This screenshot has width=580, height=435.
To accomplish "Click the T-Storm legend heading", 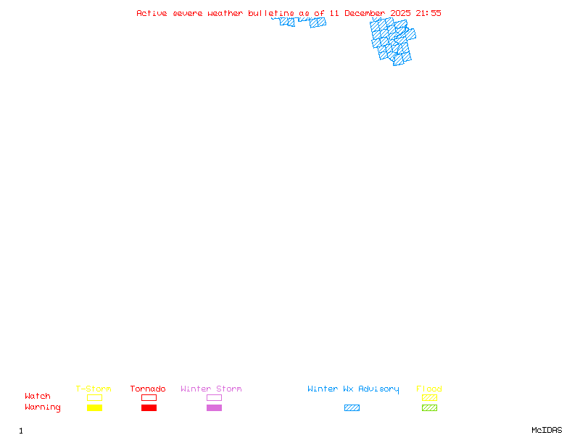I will (x=94, y=389).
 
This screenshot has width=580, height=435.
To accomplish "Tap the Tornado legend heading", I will (x=148, y=389).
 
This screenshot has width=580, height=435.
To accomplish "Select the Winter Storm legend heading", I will (x=211, y=389).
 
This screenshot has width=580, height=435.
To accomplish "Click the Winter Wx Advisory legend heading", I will (x=353, y=389).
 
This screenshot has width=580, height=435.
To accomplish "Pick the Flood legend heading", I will (x=429, y=389).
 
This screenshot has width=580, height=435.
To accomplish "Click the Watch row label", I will (x=38, y=397).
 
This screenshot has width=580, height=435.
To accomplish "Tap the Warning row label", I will (x=43, y=407).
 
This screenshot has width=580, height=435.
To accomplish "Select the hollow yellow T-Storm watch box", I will (x=94, y=397).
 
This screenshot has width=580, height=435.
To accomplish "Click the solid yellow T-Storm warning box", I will (x=94, y=407).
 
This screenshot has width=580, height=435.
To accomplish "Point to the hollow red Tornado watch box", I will (x=149, y=397).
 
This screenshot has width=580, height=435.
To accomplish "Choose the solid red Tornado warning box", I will (x=149, y=407).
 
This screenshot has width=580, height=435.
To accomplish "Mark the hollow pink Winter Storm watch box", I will (x=214, y=397).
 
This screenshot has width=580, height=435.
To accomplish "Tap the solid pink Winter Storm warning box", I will (x=214, y=407).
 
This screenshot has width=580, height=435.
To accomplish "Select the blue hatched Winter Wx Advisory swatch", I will (x=352, y=407).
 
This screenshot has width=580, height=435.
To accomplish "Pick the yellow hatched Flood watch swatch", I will (x=429, y=397).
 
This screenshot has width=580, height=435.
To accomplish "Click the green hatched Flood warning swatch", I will (x=429, y=407).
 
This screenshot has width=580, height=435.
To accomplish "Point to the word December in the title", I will (x=365, y=13).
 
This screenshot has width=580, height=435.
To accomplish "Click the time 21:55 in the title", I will (x=428, y=13).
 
